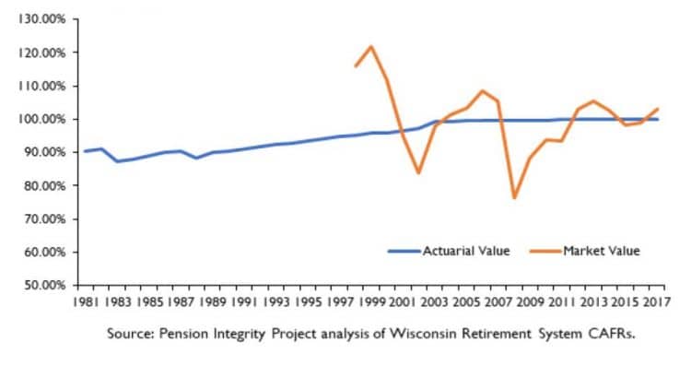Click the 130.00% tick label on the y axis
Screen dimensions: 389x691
(x=38, y=19)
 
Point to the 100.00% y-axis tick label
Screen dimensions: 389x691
(x=38, y=119)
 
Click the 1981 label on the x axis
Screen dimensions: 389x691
(x=86, y=301)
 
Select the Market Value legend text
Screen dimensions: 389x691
(x=604, y=251)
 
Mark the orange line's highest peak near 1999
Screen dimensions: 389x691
(x=370, y=46)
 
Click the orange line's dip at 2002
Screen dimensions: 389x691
(x=418, y=173)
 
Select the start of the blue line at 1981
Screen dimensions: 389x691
(x=85, y=151)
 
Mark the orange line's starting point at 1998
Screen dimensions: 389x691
(x=355, y=66)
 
